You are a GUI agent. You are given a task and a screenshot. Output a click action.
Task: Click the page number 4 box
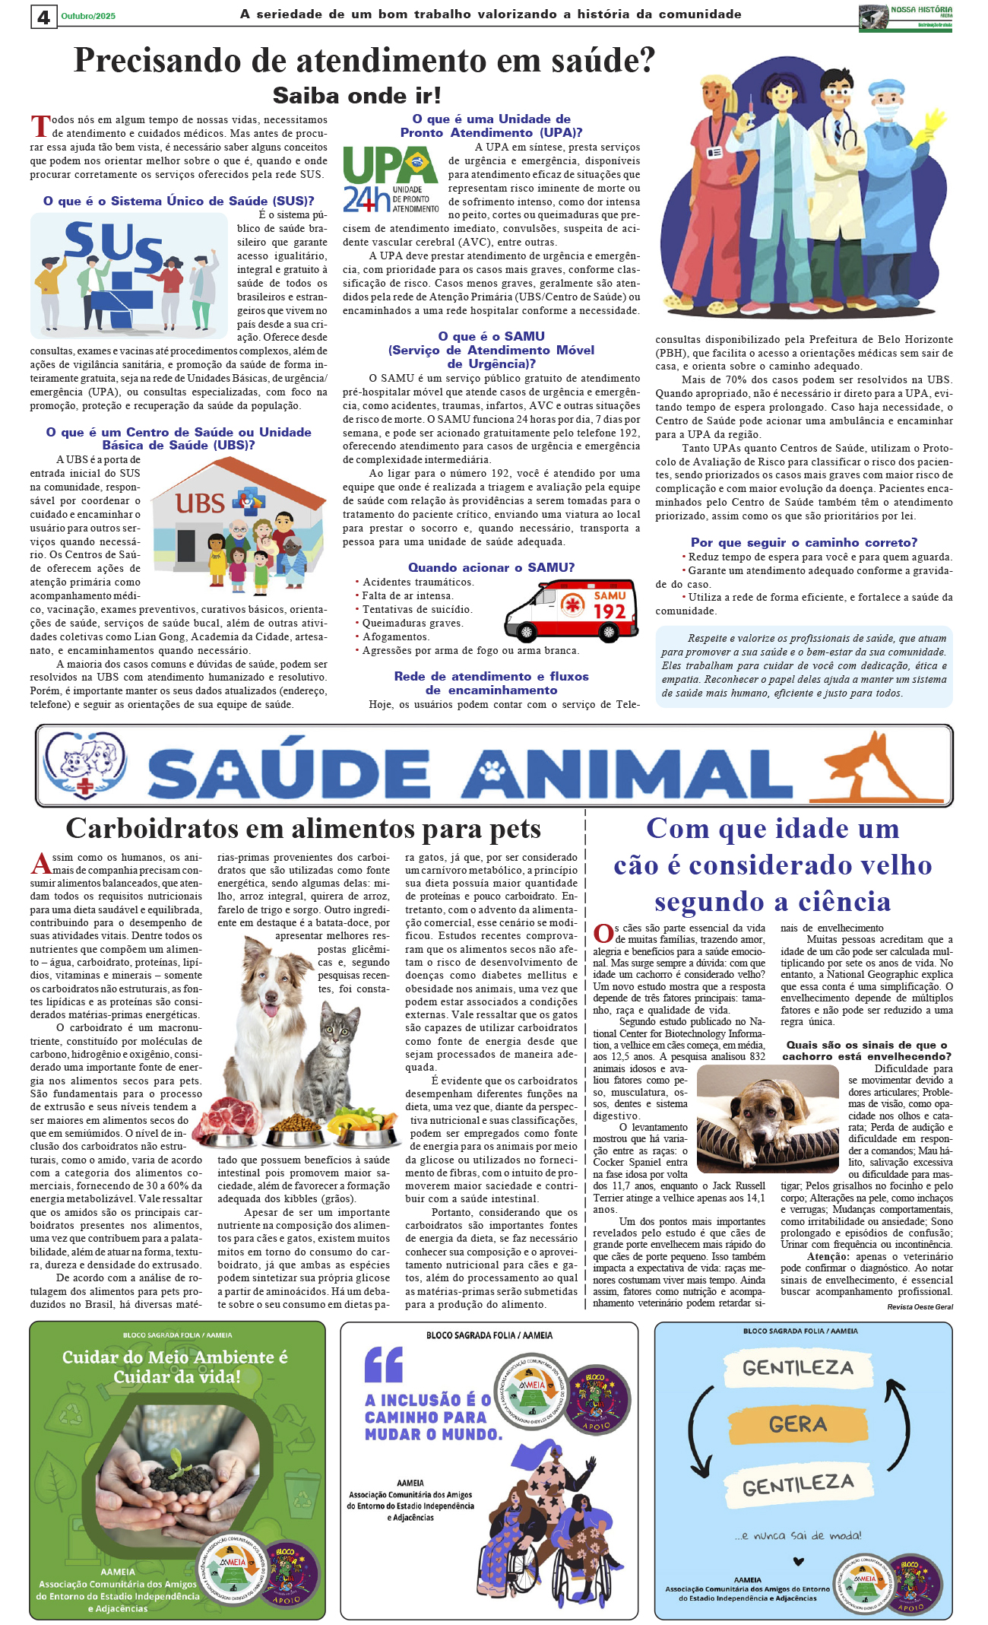click(43, 16)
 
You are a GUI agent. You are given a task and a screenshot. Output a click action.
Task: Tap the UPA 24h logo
click(390, 178)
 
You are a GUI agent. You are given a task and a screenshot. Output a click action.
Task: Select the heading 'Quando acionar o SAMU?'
click(491, 567)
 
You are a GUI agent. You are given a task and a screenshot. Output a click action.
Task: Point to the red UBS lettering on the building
click(200, 503)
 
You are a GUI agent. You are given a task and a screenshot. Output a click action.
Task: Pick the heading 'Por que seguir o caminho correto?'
click(803, 542)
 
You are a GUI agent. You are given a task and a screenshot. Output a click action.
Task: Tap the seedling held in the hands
click(177, 1460)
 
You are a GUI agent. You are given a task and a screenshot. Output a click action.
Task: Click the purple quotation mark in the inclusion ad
click(383, 1364)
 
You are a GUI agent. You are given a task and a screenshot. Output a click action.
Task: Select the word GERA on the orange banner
click(797, 1423)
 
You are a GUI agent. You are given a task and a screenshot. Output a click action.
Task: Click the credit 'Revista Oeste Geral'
click(920, 1306)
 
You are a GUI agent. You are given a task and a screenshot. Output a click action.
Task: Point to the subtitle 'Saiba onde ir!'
click(356, 96)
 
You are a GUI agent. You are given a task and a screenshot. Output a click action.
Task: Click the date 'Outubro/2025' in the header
click(88, 16)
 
